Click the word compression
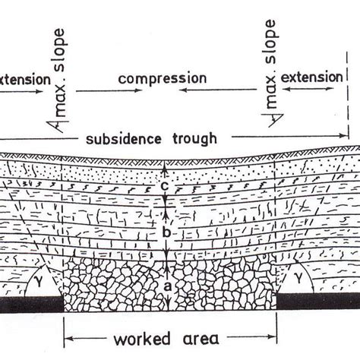(x=163, y=78)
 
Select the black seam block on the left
(x=30, y=305)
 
